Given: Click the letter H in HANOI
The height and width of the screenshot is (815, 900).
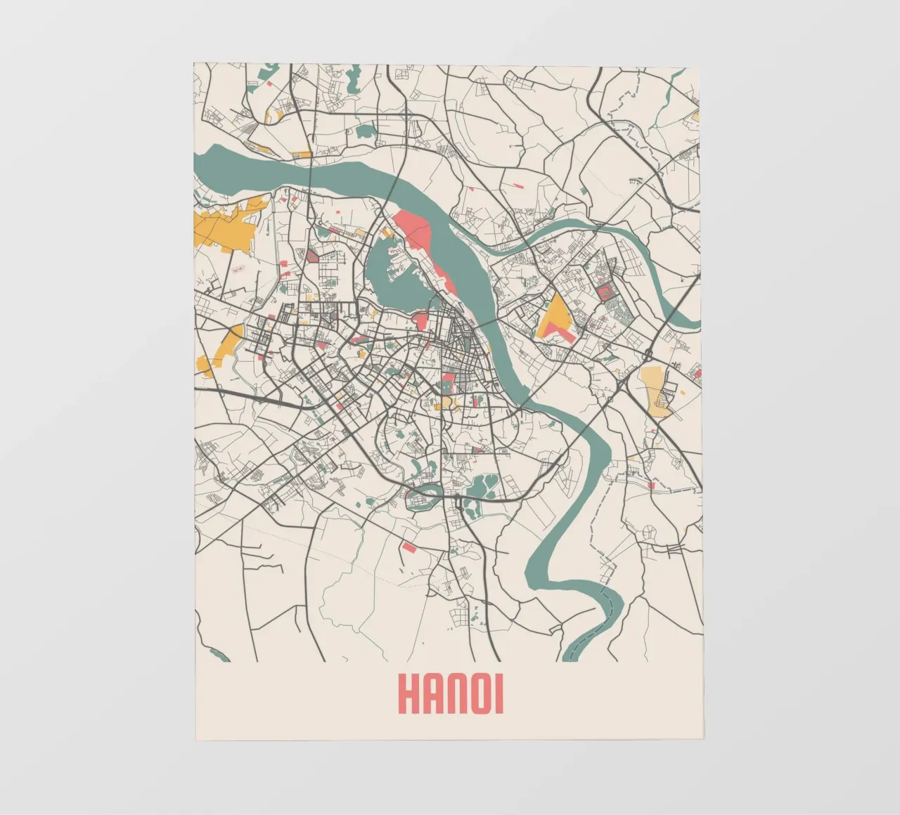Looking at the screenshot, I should [x=409, y=694].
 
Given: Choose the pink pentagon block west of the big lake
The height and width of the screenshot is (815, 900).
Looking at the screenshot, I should [x=312, y=256].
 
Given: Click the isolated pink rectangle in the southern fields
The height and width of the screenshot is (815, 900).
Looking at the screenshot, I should [x=409, y=547].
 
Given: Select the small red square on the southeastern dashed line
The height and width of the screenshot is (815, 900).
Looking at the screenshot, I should [x=651, y=485].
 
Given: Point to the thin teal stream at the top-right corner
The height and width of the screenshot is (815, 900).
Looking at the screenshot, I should [x=675, y=84].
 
